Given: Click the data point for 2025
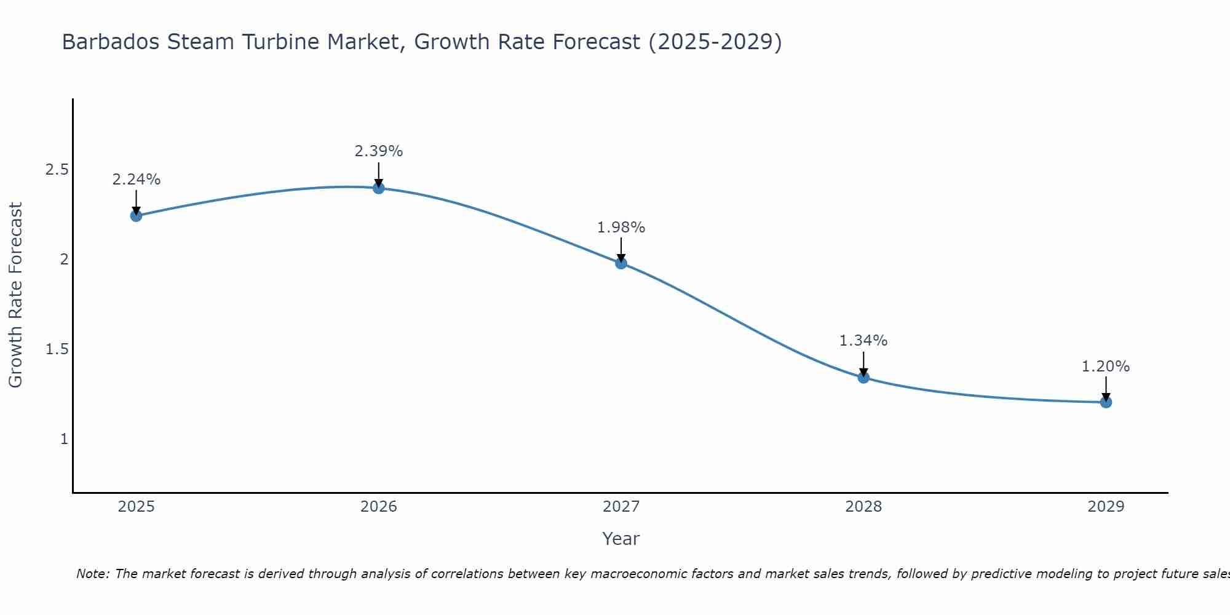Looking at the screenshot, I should (136, 215).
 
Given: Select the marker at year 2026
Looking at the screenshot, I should (379, 188).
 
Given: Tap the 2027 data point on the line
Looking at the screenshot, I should (621, 263).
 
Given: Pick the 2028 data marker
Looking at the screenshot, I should (863, 378).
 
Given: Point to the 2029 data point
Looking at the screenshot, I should (1106, 402).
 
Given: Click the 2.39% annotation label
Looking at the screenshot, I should (379, 151).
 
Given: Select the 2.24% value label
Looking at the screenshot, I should (137, 180).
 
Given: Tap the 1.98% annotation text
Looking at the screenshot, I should (621, 228).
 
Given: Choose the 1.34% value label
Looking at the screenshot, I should (863, 341).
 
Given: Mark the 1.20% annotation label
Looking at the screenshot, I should (1106, 367).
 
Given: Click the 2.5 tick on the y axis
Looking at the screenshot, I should (57, 170).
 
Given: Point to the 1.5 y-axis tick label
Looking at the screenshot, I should (57, 349).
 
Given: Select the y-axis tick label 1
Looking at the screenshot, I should (64, 439).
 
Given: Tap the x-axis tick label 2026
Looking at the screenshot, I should (379, 507).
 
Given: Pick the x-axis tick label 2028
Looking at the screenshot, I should (863, 507).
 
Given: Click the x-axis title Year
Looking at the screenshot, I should (621, 539).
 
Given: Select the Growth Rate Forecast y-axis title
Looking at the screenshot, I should (16, 295).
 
